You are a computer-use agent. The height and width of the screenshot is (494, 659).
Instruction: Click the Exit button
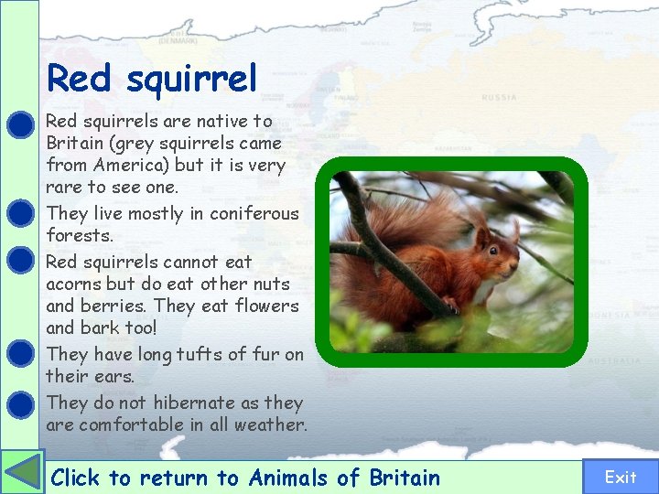tap(621, 477)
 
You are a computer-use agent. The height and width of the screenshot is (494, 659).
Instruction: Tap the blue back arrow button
tap(22, 473)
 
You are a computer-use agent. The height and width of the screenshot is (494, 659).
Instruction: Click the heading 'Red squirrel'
tap(152, 79)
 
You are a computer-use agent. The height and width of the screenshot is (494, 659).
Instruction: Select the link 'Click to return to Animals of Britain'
tap(245, 478)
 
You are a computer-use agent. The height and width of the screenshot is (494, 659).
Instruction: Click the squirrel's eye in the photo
tap(492, 250)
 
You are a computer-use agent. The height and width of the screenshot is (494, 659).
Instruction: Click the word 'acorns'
tap(74, 284)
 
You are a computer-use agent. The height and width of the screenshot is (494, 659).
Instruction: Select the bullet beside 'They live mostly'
tap(20, 213)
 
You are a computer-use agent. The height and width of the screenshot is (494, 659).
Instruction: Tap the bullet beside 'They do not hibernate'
tap(20, 403)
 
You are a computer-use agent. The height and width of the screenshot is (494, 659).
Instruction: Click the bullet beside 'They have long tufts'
tap(20, 354)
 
